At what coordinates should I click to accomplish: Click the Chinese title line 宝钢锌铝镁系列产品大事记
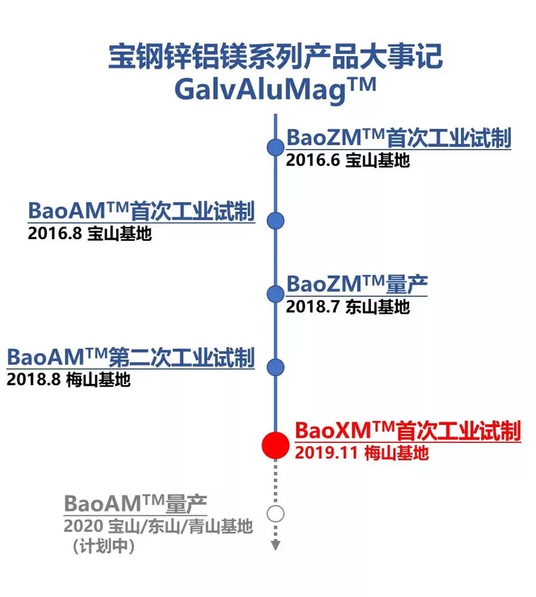coord(275,58)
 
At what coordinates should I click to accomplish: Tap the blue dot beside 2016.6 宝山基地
coord(275,147)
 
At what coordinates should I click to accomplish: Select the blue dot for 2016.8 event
coord(275,221)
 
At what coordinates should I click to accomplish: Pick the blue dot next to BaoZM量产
coord(275,293)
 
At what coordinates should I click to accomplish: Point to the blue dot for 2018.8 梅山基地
coord(275,367)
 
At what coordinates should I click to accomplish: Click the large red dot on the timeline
coord(275,445)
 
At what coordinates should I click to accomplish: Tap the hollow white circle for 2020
coord(275,513)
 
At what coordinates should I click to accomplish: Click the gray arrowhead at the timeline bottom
coord(275,545)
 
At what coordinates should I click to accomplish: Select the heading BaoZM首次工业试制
coord(398,138)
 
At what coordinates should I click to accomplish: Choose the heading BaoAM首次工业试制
coord(141,212)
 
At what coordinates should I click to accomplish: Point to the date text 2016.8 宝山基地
coord(89,234)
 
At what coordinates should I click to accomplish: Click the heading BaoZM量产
coord(357,284)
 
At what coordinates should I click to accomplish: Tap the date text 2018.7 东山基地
coord(348,307)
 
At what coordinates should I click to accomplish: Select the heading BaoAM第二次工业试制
coord(130,358)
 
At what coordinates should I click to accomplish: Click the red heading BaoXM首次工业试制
coord(408,431)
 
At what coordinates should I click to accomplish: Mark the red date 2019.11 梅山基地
coord(362,453)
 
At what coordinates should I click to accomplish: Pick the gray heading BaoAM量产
coord(135,504)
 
